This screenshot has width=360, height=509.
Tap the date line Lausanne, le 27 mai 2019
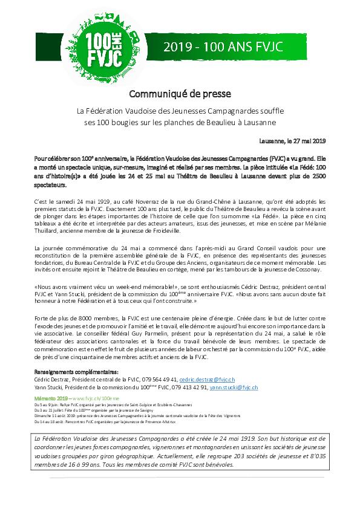click(292, 141)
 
